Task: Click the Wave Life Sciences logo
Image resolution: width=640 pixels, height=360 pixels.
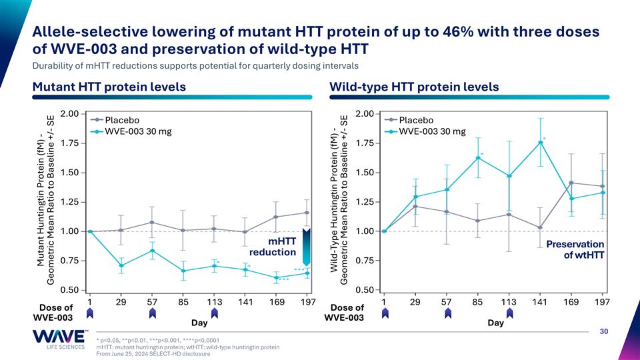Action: [x=59, y=339]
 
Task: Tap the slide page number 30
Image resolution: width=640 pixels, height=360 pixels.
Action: [x=604, y=331]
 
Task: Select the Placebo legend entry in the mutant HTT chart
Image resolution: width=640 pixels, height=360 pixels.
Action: [x=115, y=120]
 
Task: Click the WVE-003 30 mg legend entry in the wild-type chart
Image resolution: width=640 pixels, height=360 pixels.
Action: [x=425, y=131]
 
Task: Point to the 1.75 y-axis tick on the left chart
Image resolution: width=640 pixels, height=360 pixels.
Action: [x=70, y=143]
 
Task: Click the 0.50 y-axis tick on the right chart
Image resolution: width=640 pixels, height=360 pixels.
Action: [x=365, y=290]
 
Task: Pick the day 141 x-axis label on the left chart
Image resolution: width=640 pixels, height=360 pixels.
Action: [x=245, y=302]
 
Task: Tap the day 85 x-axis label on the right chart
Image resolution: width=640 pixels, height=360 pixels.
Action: [x=477, y=302]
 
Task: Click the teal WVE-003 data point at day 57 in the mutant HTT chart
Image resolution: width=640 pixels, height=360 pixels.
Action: [x=152, y=251]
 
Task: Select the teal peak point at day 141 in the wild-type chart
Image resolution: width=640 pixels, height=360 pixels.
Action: [x=540, y=143]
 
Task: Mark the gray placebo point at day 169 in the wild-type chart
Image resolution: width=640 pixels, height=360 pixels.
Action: [x=571, y=183]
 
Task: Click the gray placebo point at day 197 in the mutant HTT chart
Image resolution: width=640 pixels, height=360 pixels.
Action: [x=307, y=213]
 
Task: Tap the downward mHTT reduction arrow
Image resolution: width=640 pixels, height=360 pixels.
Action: [x=307, y=247]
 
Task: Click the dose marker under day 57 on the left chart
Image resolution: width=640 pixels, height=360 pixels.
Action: [x=152, y=313]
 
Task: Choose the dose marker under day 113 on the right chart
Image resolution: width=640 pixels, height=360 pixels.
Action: [x=509, y=313]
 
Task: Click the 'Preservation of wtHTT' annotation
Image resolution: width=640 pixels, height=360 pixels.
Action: [x=575, y=250]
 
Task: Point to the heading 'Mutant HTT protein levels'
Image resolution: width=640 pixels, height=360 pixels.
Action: [x=109, y=87]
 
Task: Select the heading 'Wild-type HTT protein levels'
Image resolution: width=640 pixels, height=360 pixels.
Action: [x=414, y=87]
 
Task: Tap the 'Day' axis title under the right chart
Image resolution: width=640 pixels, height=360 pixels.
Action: [x=495, y=323]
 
